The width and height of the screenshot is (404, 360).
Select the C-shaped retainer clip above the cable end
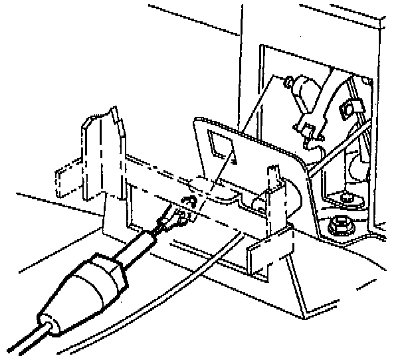tap(188, 203)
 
